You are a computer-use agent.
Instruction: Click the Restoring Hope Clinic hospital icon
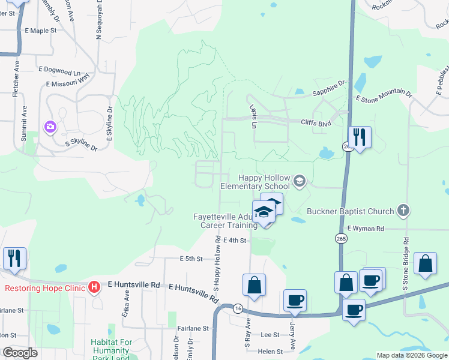[x=94, y=287]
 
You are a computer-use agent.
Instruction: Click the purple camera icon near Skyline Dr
[x=50, y=127]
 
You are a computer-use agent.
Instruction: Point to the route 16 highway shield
[x=238, y=307]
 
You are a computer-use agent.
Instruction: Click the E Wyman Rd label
[x=372, y=229]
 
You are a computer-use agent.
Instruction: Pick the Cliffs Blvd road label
[x=316, y=122]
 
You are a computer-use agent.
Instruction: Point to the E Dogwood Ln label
[x=59, y=70]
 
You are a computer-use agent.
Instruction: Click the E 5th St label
[x=192, y=259]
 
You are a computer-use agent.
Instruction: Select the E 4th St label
[x=235, y=240]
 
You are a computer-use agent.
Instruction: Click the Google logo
[x=20, y=353]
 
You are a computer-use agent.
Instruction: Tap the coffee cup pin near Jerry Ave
[x=295, y=299]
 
